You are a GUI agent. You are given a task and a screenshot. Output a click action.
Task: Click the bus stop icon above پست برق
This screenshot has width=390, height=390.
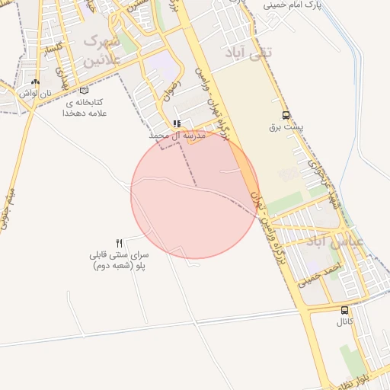point(286,116)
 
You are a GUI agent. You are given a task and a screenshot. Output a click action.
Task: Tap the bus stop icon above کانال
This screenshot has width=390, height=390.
point(345,310)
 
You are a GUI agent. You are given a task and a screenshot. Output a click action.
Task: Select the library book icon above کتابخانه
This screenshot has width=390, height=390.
point(84,91)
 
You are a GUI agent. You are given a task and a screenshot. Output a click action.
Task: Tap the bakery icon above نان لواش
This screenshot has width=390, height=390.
point(35,82)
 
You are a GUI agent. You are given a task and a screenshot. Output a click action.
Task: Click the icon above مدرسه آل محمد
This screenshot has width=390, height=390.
point(177,123)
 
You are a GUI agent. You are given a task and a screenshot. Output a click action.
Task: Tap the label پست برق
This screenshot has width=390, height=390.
point(286,128)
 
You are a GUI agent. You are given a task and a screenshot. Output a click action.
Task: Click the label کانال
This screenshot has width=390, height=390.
point(344,322)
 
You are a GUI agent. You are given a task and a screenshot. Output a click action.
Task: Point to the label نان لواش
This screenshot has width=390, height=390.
point(35,93)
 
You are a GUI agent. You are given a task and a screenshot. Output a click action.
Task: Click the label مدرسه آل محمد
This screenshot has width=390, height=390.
point(177,135)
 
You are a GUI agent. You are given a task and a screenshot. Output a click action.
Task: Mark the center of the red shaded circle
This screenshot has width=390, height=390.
point(195,194)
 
